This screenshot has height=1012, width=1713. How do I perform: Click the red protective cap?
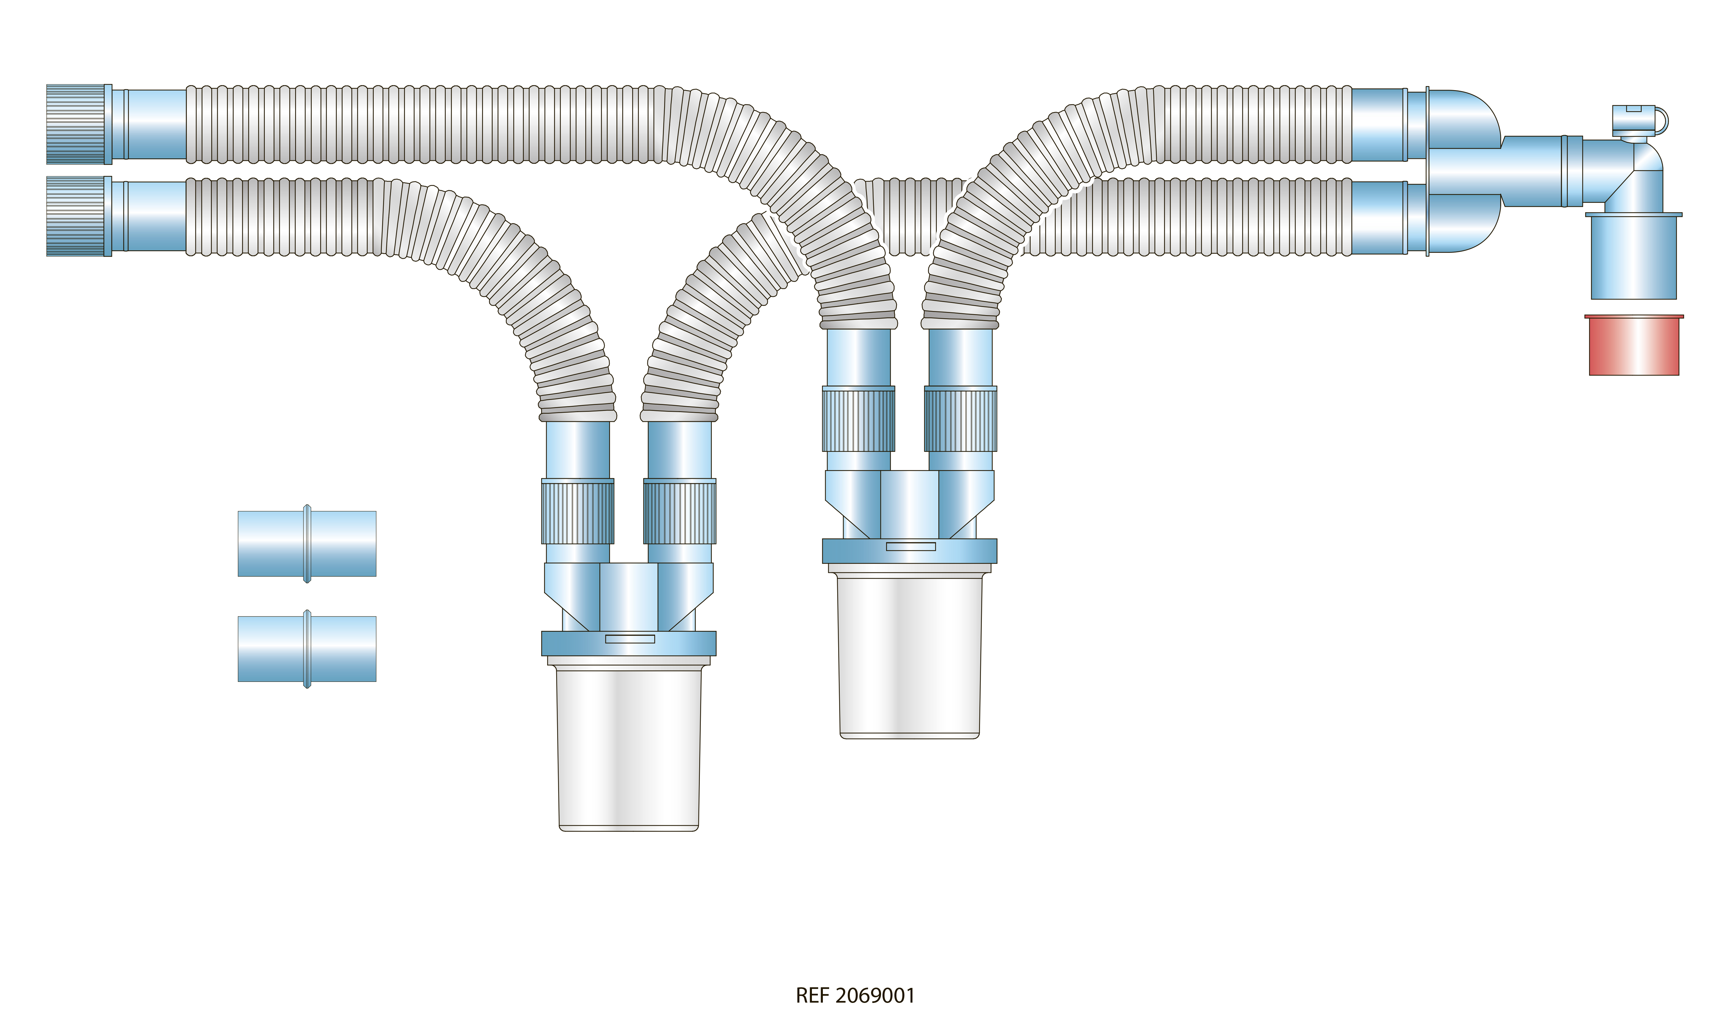point(1634,345)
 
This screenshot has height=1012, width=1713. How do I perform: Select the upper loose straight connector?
point(307,544)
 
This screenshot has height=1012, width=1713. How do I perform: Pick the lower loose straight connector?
point(307,648)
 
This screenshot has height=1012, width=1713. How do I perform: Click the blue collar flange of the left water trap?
point(629,643)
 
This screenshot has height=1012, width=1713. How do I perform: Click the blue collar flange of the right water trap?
point(910,550)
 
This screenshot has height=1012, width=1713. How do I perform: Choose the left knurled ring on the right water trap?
point(859,419)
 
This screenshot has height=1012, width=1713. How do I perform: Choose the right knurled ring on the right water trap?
point(961,419)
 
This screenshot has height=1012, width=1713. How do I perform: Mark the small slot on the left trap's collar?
point(630,639)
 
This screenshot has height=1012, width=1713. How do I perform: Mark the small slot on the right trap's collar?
point(911,546)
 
